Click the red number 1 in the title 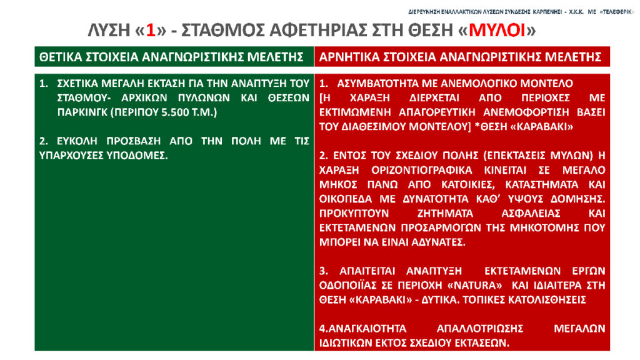(x=151, y=31)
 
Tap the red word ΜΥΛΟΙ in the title (x=497, y=31)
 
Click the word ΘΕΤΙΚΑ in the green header (x=59, y=57)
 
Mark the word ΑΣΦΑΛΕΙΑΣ (x=531, y=214)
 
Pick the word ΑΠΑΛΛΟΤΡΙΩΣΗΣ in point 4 (x=480, y=329)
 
